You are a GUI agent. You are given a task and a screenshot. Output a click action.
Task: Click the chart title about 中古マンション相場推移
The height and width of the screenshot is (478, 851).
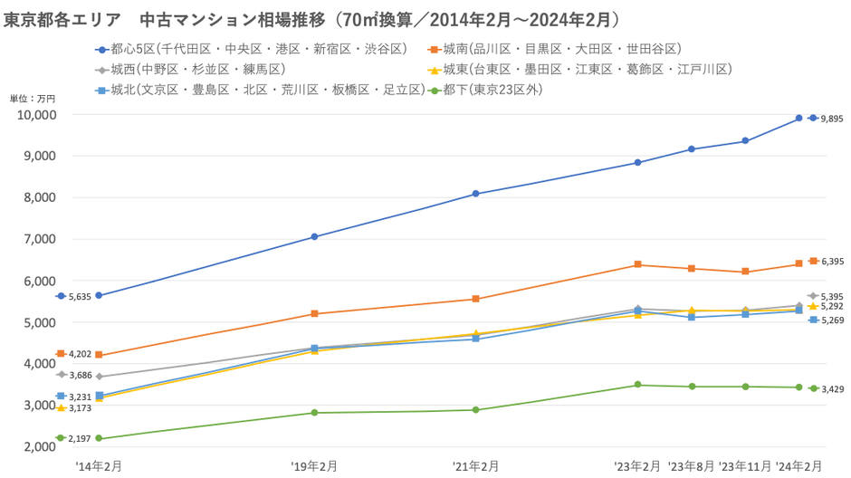pos(312,19)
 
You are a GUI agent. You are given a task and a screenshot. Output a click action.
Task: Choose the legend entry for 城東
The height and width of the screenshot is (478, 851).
pos(579,69)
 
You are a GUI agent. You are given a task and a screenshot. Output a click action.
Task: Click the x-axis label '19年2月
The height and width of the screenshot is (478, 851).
pos(314,465)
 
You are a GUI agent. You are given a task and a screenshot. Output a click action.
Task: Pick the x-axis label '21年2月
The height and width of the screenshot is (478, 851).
pos(475,465)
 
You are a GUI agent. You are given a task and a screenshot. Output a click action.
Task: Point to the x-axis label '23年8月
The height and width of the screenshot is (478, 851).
pos(691,465)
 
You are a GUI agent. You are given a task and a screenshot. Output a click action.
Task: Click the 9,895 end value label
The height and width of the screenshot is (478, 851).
pos(832,119)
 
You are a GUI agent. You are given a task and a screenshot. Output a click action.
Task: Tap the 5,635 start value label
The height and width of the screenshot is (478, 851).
pos(81,296)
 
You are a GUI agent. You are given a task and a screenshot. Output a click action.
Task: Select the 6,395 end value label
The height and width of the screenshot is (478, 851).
pos(832,262)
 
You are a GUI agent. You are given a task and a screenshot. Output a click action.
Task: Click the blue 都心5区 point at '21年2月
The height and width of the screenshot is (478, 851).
pos(476,194)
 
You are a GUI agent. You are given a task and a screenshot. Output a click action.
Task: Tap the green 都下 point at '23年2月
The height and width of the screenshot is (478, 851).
pos(637,385)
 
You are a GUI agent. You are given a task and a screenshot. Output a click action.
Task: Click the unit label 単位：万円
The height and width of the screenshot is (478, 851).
pos(33,98)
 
